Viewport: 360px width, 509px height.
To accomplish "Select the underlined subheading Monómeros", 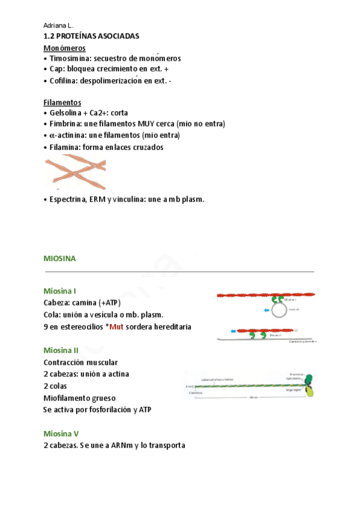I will [64, 47].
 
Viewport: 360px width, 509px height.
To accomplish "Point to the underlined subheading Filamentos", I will [62, 102].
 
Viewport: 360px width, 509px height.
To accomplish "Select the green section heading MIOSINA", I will [59, 258].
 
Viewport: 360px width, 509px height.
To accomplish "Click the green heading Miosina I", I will [59, 291].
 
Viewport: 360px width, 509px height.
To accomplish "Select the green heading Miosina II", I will [61, 350].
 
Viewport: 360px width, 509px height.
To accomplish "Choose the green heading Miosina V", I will [61, 433].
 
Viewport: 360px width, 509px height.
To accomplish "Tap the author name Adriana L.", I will [58, 26].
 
